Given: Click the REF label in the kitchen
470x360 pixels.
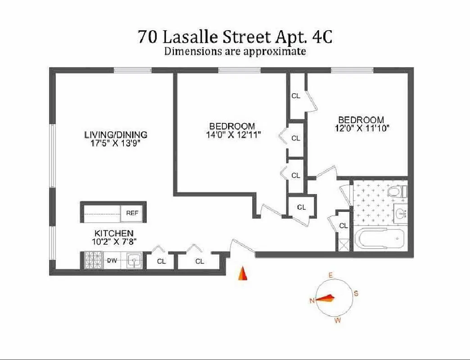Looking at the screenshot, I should (x=132, y=213).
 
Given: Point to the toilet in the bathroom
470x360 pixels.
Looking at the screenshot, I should (x=397, y=191).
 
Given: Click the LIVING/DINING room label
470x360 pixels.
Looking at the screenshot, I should (x=116, y=135).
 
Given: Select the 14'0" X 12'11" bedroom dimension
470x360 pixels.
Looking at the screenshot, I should (x=232, y=134).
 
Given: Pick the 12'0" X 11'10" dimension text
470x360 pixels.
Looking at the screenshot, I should (x=361, y=128).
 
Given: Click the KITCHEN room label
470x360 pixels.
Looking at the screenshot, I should (x=113, y=233).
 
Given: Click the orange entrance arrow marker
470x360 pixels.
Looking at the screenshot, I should (x=242, y=273).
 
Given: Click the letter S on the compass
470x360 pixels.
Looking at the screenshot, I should (x=356, y=294).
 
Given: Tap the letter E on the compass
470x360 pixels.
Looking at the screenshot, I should (x=330, y=275).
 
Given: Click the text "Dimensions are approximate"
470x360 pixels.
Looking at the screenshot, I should (x=235, y=51).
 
